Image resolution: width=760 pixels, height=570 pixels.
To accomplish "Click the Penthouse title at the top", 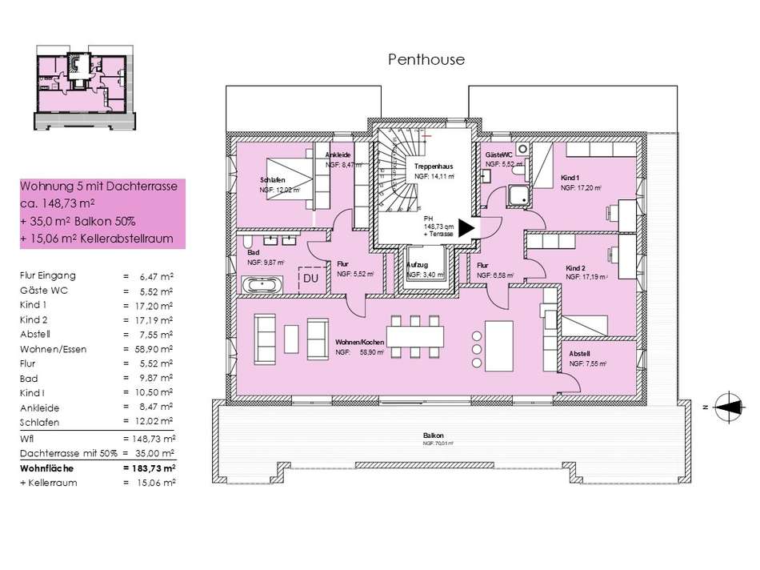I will (x=426, y=59).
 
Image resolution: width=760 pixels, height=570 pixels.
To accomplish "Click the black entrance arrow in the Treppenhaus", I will (x=464, y=228).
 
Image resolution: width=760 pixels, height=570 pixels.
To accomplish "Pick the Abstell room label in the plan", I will (x=579, y=353).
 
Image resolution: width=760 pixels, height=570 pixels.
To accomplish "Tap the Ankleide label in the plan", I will (x=338, y=155).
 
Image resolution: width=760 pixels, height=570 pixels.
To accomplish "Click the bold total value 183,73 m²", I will (x=150, y=468).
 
